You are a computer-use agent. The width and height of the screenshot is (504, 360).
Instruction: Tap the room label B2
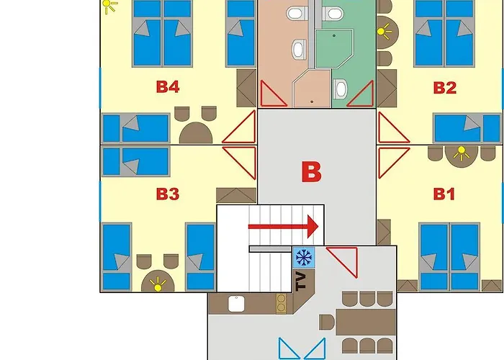pos(445,88)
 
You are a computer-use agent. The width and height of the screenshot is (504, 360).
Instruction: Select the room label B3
pos(167,194)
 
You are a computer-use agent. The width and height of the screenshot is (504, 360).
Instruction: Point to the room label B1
pos(445,194)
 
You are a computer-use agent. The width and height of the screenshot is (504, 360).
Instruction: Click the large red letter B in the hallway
pos(310,172)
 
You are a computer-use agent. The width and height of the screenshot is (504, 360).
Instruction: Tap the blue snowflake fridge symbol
pos(303,257)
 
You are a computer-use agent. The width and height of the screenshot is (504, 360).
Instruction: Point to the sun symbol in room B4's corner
pos(109,7)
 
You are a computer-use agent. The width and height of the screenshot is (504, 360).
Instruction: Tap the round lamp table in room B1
pos(459,153)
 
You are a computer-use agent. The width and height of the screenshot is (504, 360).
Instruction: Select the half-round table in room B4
pos(196,133)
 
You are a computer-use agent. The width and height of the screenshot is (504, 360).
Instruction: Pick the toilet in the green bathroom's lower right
pos(341,88)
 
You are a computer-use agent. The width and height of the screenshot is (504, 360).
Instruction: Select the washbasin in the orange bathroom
pos(297,50)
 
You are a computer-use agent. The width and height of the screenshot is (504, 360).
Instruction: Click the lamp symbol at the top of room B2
pos(384,31)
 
